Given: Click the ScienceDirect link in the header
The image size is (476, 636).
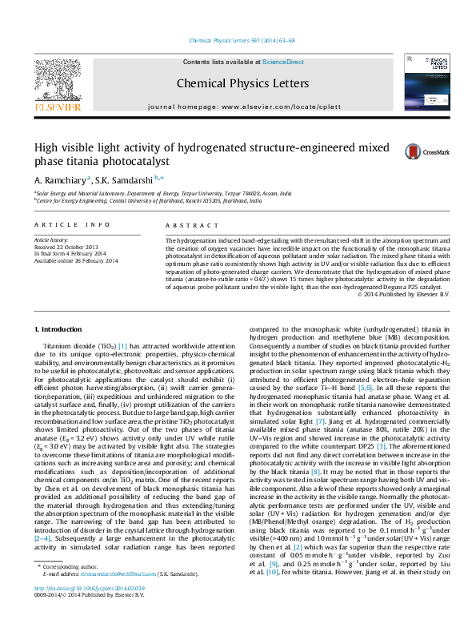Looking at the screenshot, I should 283,62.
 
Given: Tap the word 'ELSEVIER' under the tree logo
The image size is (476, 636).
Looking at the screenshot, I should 57,107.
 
